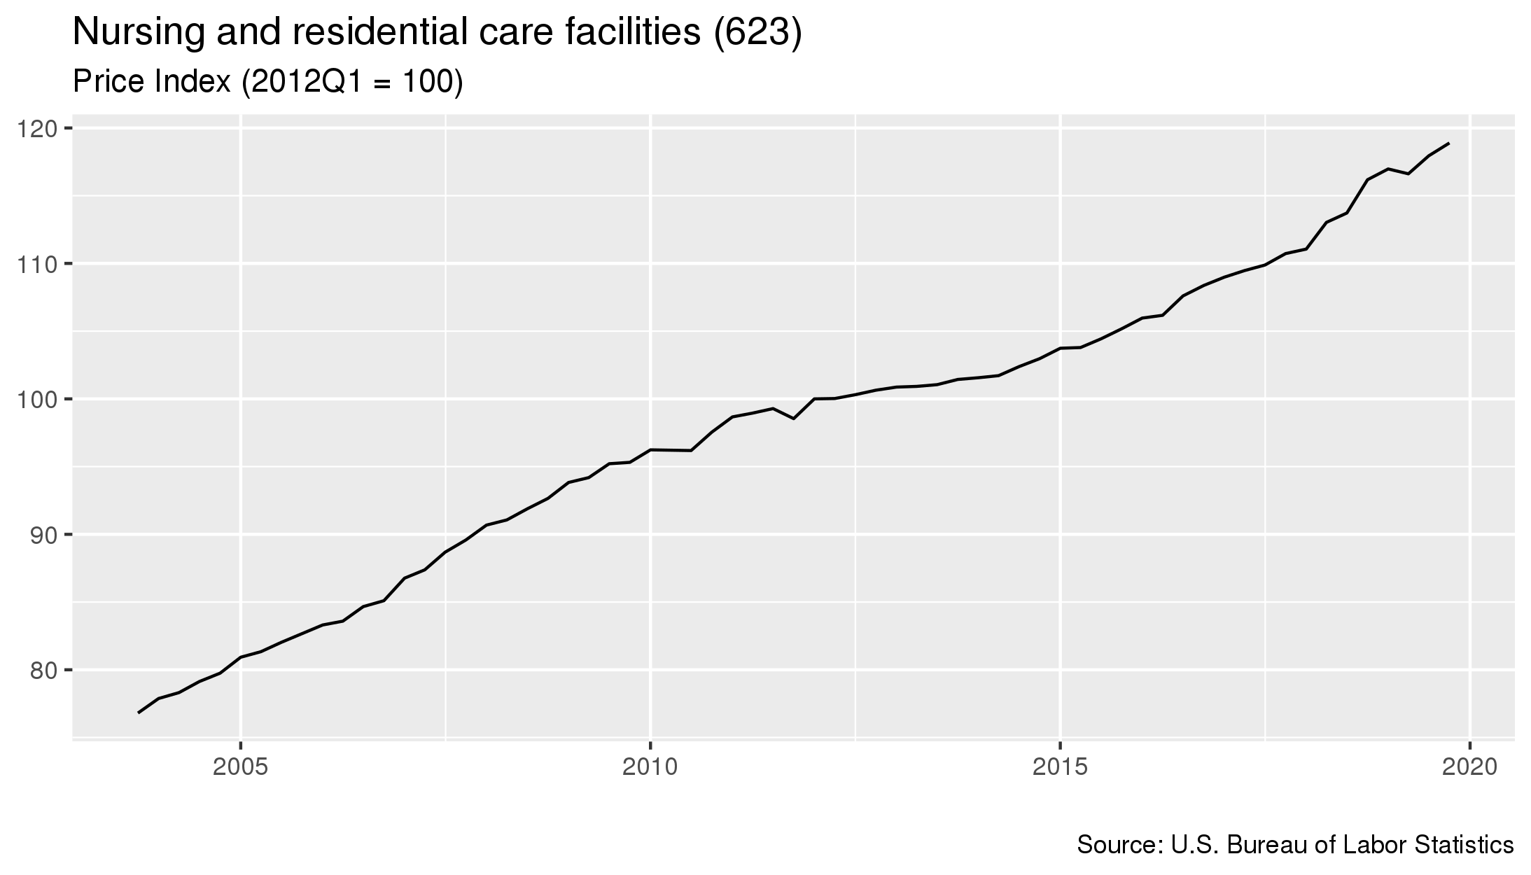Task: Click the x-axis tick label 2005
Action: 241,767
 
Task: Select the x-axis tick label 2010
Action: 651,767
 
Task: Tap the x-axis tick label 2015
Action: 1061,767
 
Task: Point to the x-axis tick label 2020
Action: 1470,767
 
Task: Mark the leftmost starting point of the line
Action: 139,713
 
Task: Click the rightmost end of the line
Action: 1448,143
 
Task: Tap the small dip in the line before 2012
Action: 793,419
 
